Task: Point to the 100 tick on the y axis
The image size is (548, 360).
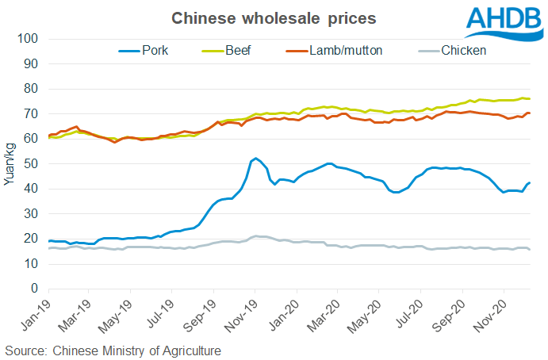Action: [30, 39]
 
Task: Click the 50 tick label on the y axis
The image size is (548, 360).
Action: [33, 163]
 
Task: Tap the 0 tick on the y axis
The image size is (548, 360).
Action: [36, 288]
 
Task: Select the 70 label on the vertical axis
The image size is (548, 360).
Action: [33, 113]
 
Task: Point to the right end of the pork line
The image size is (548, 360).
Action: [530, 183]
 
